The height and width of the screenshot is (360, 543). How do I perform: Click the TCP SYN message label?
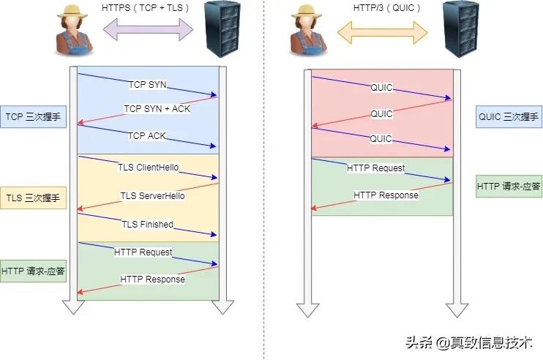(147, 85)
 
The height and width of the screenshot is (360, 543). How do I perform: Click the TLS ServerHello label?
(152, 196)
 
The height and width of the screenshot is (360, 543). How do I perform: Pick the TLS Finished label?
(147, 225)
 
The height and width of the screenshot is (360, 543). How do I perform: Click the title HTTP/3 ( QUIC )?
(382, 7)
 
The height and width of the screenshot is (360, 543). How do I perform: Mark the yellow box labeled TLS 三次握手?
(34, 198)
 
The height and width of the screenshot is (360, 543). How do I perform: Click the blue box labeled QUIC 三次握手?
(509, 116)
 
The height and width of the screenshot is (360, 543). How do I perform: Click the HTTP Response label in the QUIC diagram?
(386, 195)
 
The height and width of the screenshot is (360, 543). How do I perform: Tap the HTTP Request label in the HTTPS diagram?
(143, 252)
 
